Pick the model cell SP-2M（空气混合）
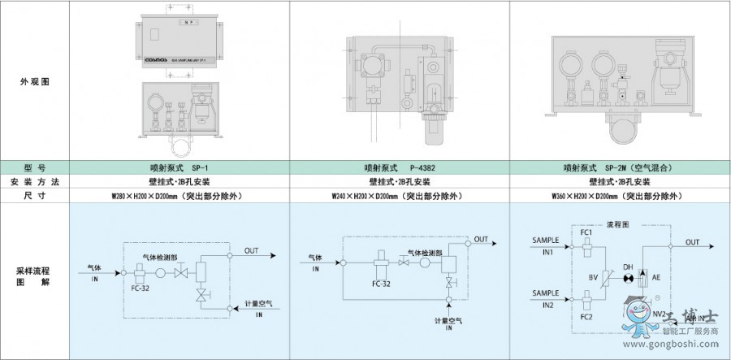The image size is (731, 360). click(620, 167)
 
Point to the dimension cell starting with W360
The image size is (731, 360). click(620, 196)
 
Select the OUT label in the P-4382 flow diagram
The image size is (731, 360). click(482, 239)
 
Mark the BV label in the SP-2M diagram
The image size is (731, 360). click(593, 277)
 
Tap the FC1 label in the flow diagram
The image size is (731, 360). click(586, 232)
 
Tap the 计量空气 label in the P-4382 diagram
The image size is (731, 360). click(448, 321)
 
